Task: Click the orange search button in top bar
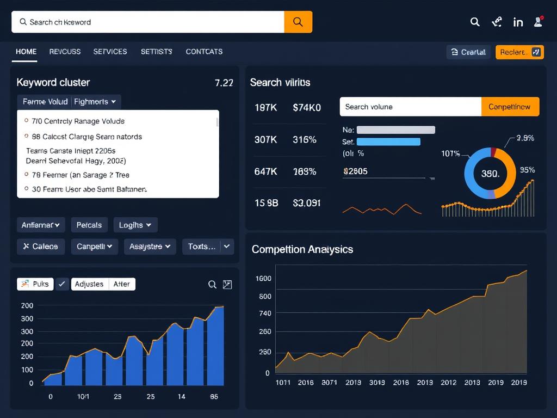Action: pos(298,22)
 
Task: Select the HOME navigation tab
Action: pos(26,52)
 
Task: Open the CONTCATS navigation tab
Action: pos(204,52)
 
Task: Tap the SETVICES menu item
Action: pos(110,52)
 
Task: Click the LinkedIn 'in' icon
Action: pos(518,22)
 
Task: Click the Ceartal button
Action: pos(468,52)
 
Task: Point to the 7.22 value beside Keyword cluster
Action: pos(224,83)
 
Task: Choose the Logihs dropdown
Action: pos(135,225)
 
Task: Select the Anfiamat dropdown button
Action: pos(41,225)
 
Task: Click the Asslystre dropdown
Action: pos(150,247)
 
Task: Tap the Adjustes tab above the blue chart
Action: pos(89,284)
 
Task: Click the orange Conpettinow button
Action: pos(510,107)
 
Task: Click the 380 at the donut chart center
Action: pos(490,174)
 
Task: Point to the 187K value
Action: pos(266,108)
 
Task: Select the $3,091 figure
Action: pos(307,203)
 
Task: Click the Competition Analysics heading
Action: pos(302,249)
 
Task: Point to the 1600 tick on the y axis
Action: pos(263,279)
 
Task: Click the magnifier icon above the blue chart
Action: pos(213,285)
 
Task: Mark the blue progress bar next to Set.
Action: pos(388,142)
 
